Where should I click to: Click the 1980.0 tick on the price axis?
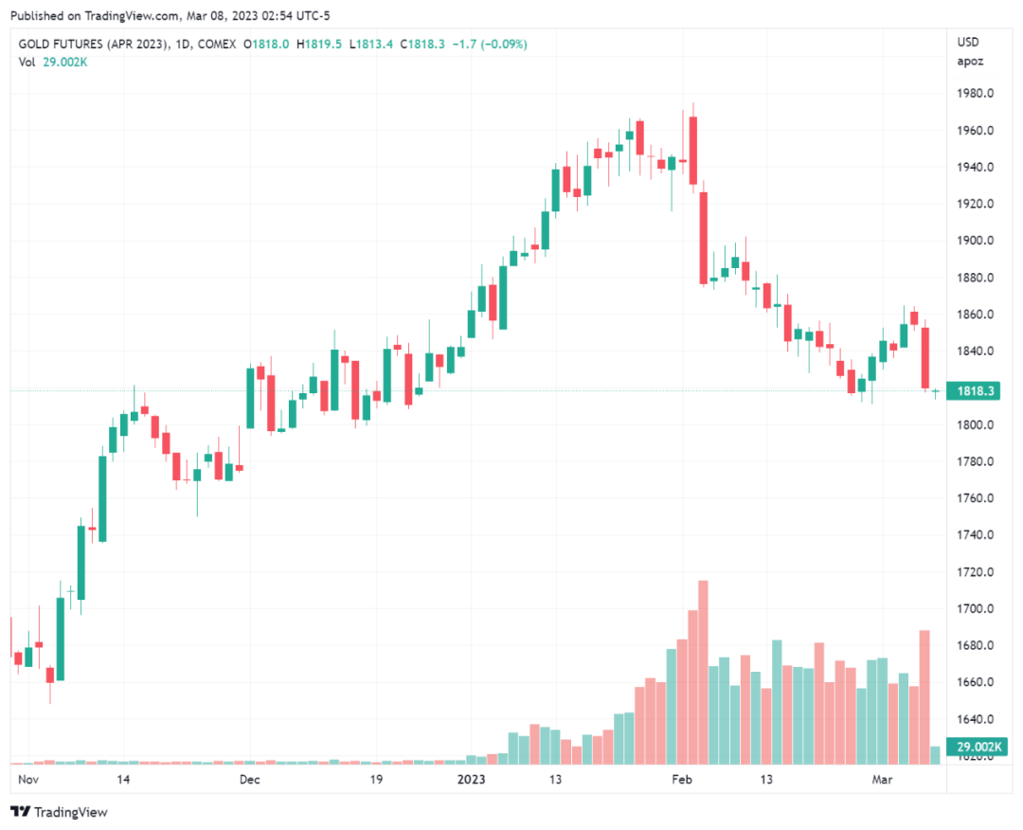coord(975,94)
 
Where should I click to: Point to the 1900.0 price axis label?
coord(975,241)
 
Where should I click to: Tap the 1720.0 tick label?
coord(975,572)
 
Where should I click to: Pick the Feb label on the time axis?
coord(682,780)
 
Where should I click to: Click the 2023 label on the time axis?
coord(471,780)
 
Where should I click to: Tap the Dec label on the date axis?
coord(249,780)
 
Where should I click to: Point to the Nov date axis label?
coord(28,780)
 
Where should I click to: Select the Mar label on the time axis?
coord(882,780)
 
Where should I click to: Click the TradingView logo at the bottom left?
coord(59,812)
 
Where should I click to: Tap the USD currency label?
coord(968,42)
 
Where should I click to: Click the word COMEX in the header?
coord(216,45)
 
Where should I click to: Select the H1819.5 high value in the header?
coord(320,45)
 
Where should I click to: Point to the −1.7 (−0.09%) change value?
coord(489,45)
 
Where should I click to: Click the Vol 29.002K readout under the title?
coord(53,63)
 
